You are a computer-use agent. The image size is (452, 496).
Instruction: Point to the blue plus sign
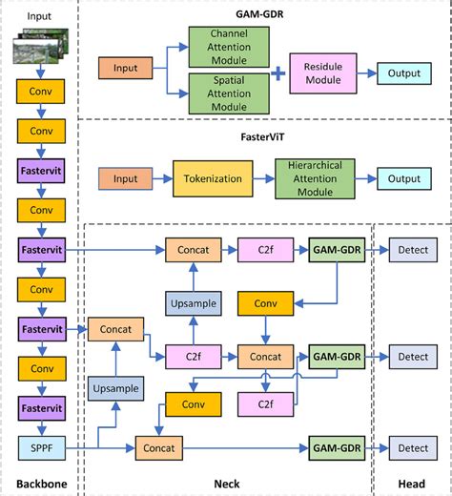pyautogui.click(x=277, y=71)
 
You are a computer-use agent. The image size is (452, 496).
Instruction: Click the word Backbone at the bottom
pyautogui.click(x=41, y=485)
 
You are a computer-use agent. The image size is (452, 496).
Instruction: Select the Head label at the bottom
pyautogui.click(x=411, y=485)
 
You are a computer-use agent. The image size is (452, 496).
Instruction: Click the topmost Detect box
pyautogui.click(x=413, y=249)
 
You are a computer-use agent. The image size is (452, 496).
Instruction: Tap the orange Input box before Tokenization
pyautogui.click(x=126, y=178)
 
